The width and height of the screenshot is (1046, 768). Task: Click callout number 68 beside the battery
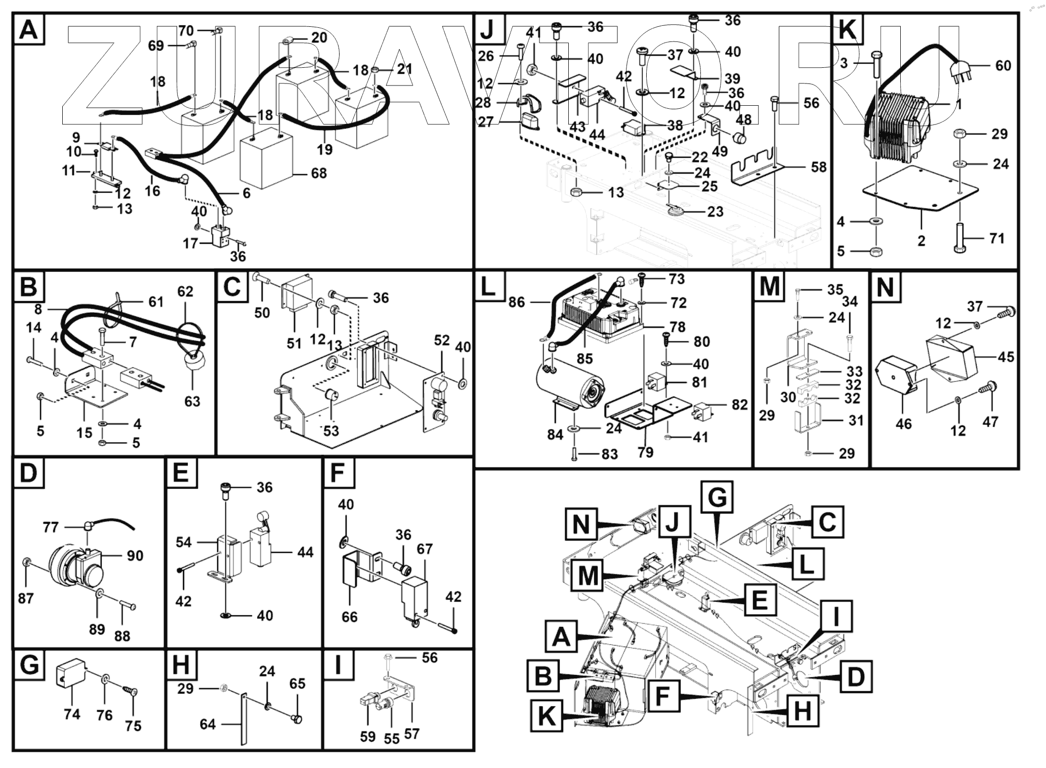pos(319,174)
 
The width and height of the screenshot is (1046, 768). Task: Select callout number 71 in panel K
pos(996,238)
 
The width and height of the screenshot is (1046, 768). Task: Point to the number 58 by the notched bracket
pos(818,167)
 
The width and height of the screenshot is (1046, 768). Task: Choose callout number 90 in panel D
pos(135,556)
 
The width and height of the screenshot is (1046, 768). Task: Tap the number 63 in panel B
pos(192,401)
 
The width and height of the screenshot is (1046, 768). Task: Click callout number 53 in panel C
pos(331,431)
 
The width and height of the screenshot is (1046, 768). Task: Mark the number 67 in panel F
pos(425,549)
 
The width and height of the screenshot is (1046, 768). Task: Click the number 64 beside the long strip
pos(207,724)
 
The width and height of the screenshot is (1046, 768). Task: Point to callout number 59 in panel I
pos(368,736)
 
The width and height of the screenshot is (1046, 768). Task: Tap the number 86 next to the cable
pos(517,303)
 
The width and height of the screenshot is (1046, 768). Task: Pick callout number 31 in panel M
pos(855,420)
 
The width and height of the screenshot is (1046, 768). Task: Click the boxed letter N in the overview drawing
pos(581,524)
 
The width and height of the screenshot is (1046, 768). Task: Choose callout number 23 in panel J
pos(715,211)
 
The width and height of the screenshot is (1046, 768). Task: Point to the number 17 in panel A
pos(190,243)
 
